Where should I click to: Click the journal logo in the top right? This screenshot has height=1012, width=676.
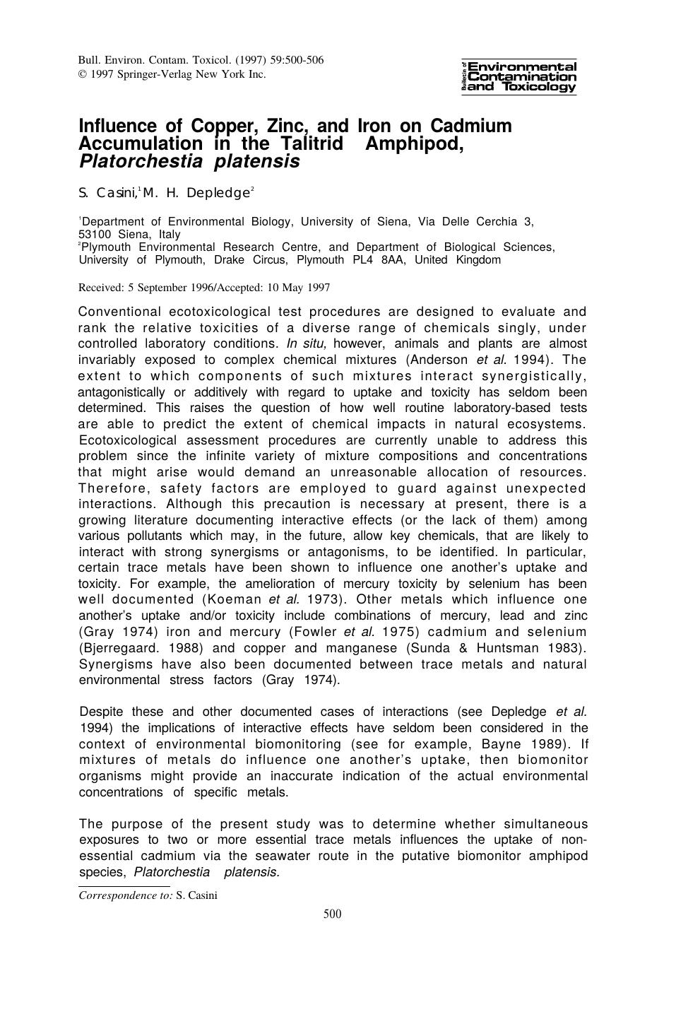[518, 76]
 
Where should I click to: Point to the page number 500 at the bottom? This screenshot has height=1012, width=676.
[332, 914]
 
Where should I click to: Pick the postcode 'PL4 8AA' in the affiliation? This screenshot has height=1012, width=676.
[381, 259]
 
